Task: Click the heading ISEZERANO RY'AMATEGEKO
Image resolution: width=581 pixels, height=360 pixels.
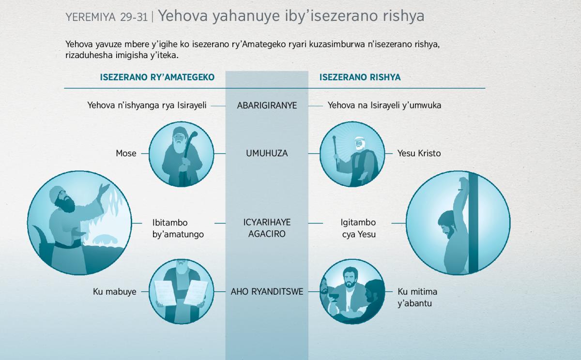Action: pos(157,77)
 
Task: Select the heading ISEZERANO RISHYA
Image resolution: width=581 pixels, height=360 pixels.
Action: pos(360,77)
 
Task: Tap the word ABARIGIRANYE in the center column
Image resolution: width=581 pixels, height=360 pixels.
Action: pos(267,105)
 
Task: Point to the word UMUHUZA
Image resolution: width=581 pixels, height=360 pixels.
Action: pos(267,153)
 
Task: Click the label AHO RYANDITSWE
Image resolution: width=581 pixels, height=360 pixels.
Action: pos(267,292)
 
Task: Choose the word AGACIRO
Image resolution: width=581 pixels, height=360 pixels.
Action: pos(267,234)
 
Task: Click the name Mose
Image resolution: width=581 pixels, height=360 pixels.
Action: pos(126,153)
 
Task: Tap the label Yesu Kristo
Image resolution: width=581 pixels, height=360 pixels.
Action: pos(419,153)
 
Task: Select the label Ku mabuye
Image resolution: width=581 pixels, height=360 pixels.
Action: pos(115,292)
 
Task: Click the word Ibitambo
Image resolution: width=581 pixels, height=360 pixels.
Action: pos(170,223)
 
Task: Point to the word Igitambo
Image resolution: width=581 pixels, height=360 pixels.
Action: pos(358,223)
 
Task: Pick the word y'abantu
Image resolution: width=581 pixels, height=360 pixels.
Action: pos(415,303)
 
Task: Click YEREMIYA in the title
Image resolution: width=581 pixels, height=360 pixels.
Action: pos(90,17)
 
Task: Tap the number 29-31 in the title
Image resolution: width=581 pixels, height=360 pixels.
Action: pos(134,17)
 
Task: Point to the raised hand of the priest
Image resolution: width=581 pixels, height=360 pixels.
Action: pos(105,189)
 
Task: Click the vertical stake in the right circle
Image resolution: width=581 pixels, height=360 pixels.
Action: pos(473,223)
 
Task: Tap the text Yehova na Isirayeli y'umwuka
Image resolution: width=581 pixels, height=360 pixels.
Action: pos(384,105)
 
